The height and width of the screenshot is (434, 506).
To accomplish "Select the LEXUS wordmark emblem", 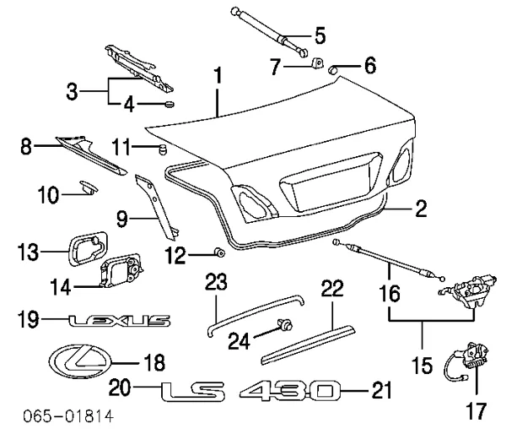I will pyautogui.click(x=119, y=321).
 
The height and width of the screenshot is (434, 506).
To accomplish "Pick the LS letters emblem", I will pyautogui.click(x=193, y=391).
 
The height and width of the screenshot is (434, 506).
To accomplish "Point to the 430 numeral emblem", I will pyautogui.click(x=290, y=391).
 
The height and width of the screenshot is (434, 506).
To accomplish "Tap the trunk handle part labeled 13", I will pyautogui.click(x=87, y=248).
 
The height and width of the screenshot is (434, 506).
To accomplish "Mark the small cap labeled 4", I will pyautogui.click(x=168, y=104).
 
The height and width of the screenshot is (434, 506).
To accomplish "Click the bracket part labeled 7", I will pyautogui.click(x=316, y=64).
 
